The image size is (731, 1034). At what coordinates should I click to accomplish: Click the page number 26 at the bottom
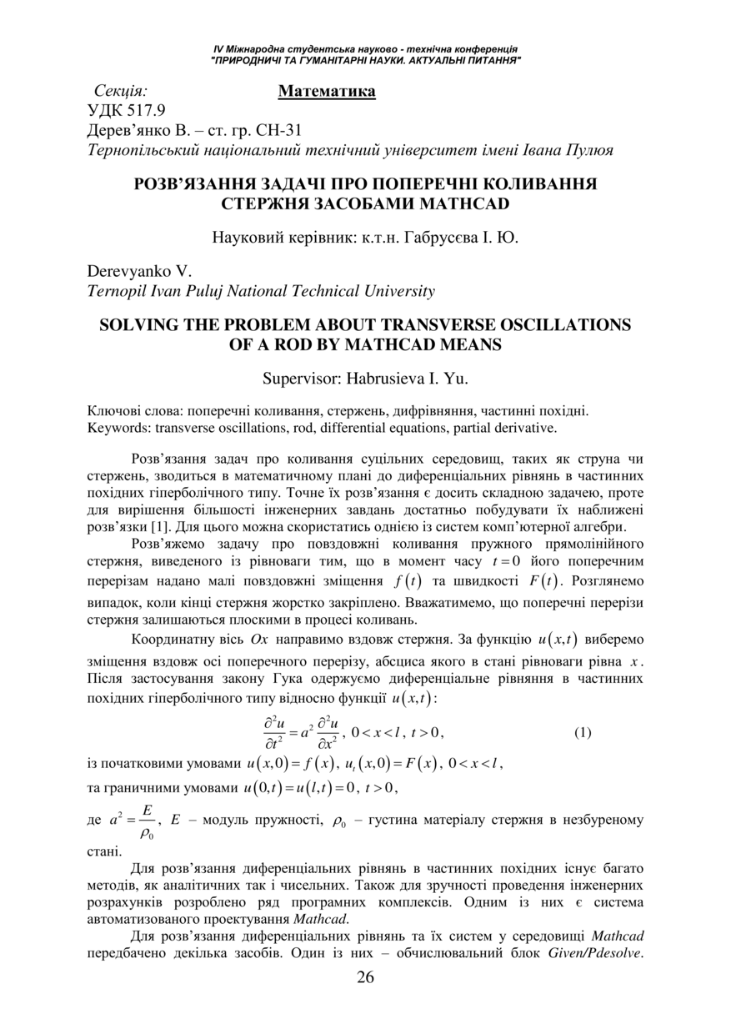click(365, 977)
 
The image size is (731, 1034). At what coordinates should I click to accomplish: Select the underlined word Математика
click(327, 90)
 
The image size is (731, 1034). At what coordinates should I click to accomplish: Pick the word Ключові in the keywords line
click(115, 411)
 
